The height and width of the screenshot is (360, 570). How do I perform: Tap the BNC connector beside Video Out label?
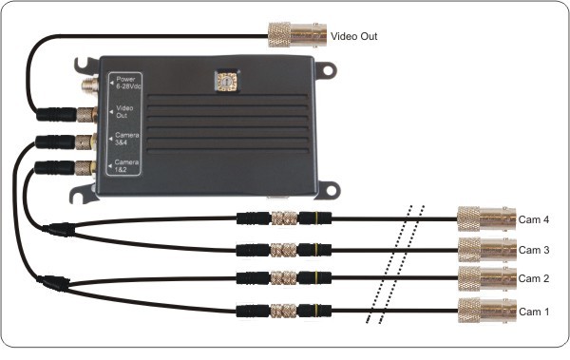(295, 36)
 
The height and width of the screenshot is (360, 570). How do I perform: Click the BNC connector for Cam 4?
(484, 220)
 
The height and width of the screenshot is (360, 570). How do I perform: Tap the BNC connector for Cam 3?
(484, 250)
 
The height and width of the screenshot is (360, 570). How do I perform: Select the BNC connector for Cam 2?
(484, 280)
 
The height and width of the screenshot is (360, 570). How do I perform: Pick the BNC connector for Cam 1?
(484, 310)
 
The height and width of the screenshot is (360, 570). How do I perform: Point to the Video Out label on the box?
(124, 112)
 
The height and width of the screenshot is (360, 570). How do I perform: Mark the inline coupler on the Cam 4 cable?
(283, 218)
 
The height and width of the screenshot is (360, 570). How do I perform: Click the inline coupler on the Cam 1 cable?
(283, 310)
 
